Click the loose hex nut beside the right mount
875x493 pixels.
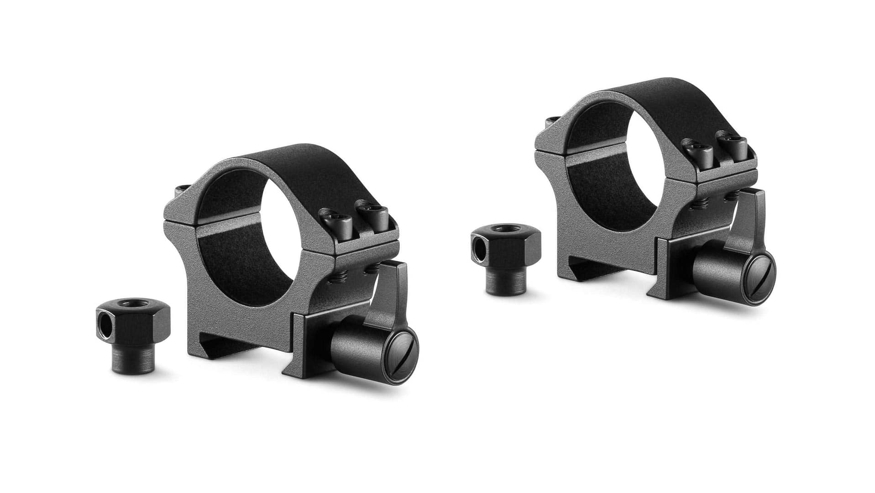pyautogui.click(x=507, y=258)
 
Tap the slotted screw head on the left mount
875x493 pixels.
pyautogui.click(x=401, y=357)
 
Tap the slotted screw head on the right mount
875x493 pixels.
pyautogui.click(x=759, y=279)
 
